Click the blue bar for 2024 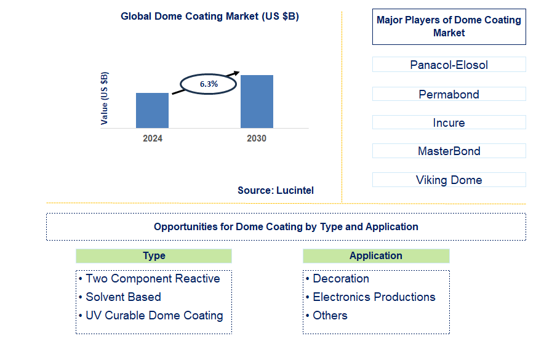tap(152, 110)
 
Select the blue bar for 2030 tap(257, 102)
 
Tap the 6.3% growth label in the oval tap(209, 84)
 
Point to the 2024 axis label tap(153, 138)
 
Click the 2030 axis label tap(257, 138)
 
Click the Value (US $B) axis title tap(105, 98)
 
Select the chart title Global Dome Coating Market tap(210, 17)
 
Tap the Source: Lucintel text tap(276, 191)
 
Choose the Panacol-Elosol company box tap(449, 65)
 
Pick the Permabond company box tap(449, 94)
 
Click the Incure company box tap(449, 122)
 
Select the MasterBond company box tap(449, 151)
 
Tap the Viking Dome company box tap(449, 180)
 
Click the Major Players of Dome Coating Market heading tap(449, 26)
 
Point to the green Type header tap(154, 256)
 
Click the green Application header tap(376, 256)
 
